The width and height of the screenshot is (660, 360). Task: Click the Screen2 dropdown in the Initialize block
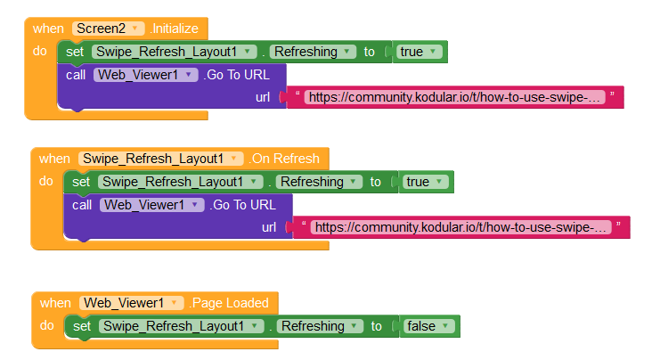108,29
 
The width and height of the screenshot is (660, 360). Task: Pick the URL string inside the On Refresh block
461,227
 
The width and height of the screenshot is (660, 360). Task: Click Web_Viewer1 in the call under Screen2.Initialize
145,75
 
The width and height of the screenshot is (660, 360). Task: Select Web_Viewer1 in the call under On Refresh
152,205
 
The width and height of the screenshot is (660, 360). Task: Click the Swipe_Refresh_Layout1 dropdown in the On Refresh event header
161,159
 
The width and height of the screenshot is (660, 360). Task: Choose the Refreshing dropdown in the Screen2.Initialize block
311,52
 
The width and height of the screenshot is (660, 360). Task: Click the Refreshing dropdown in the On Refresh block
318,182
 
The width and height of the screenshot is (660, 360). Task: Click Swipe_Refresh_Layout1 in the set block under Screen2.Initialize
175,52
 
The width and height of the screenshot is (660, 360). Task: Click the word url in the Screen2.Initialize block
263,97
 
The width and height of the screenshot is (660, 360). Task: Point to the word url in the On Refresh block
269,227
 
